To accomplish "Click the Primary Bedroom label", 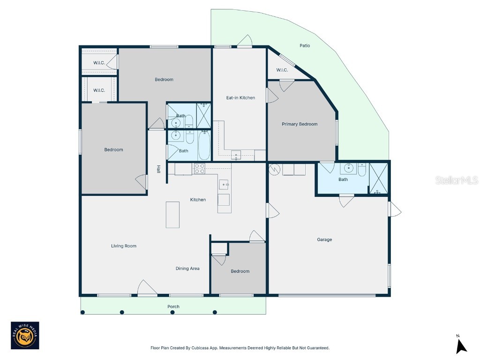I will tap(300, 124).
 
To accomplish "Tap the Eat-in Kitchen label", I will tap(240, 97).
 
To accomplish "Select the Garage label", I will tap(324, 240).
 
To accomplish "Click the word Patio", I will tap(305, 45).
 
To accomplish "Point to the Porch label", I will tap(173, 307).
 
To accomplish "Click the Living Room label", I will tap(124, 246).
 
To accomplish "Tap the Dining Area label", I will tap(187, 269).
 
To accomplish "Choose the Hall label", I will tap(159, 169).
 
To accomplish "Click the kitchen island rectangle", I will tap(173, 214).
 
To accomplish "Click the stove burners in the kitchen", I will tap(199, 168).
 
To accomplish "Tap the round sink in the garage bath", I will tap(348, 168).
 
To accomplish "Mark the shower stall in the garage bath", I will tap(379, 178).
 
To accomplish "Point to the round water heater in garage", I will tap(274, 169).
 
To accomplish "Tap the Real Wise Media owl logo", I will tap(25, 336).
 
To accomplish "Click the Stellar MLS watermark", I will tap(456, 180).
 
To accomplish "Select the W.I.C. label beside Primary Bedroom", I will tap(282, 70).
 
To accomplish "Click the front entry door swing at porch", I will tap(147, 288).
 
